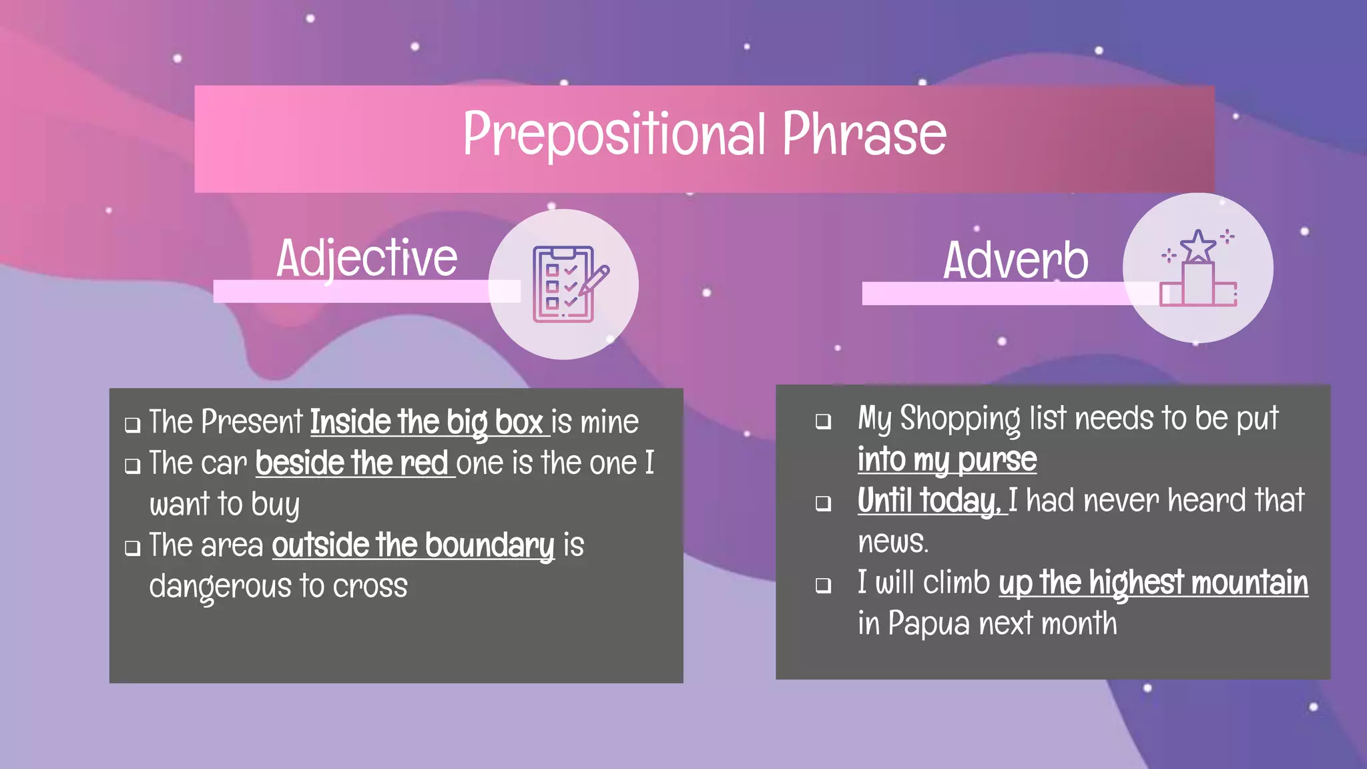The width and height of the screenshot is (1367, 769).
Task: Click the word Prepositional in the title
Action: tap(614, 136)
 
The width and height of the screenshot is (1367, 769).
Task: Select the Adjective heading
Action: tap(366, 259)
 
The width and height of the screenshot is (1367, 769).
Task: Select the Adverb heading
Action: tap(1015, 260)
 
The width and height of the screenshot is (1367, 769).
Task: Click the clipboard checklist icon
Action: tap(563, 284)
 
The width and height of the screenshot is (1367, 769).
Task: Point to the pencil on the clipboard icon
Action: tap(594, 280)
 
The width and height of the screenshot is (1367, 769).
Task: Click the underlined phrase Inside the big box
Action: tap(427, 423)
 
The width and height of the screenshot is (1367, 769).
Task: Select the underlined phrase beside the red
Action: tap(352, 463)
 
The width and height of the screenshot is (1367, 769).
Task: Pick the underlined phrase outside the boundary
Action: tap(413, 545)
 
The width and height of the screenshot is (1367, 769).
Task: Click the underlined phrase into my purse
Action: tap(946, 460)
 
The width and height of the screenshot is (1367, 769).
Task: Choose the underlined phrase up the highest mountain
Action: tap(1153, 583)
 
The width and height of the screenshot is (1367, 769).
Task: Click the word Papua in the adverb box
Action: tap(928, 624)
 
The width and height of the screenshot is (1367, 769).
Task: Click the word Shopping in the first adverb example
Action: tap(960, 419)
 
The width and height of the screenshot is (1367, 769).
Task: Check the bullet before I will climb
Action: tap(824, 585)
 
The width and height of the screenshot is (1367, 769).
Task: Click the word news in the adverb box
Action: tap(892, 542)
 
